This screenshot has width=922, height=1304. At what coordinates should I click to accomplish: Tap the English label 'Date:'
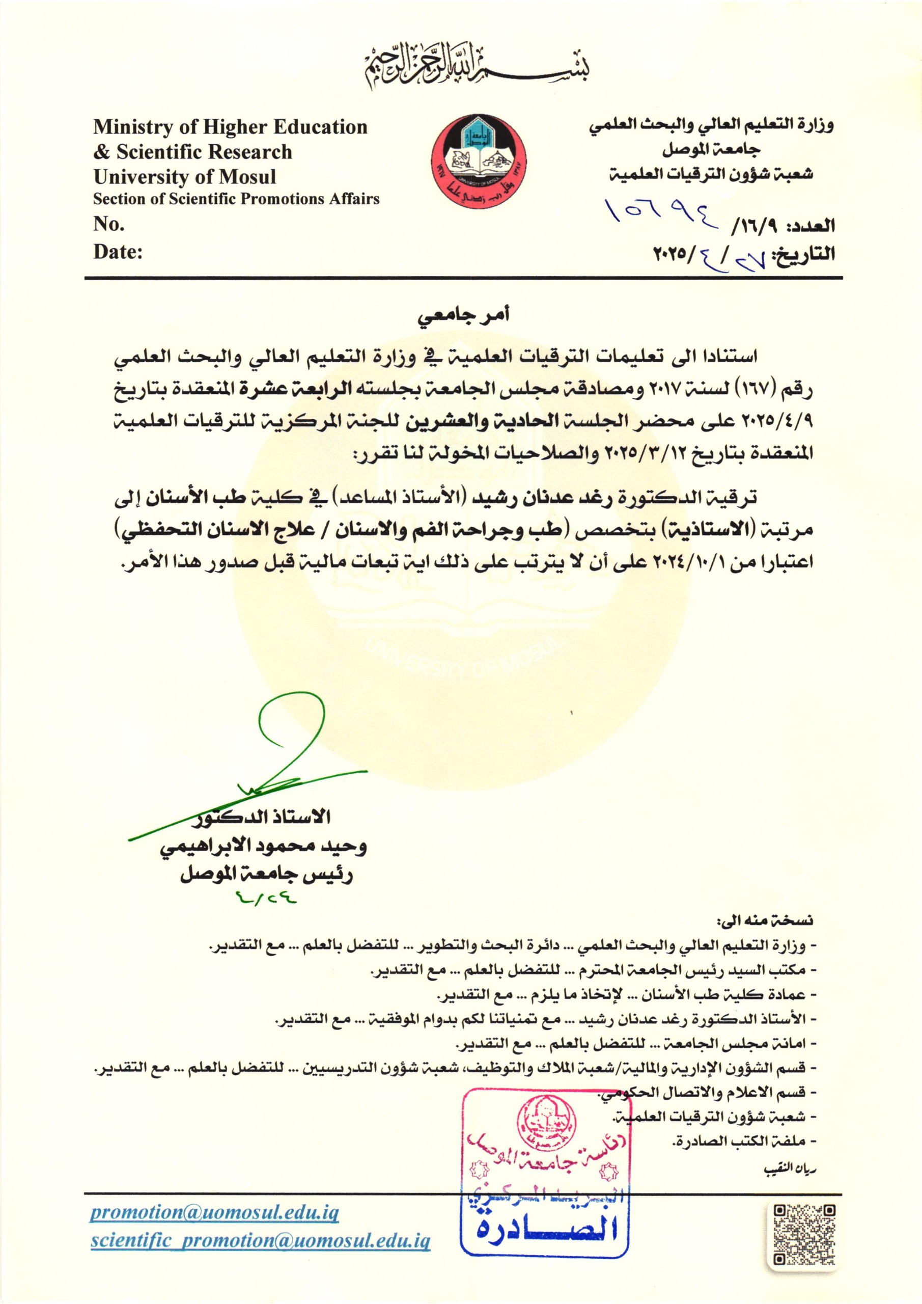pyautogui.click(x=118, y=251)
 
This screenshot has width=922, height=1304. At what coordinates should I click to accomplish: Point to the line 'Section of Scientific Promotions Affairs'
pyautogui.click(x=236, y=199)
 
